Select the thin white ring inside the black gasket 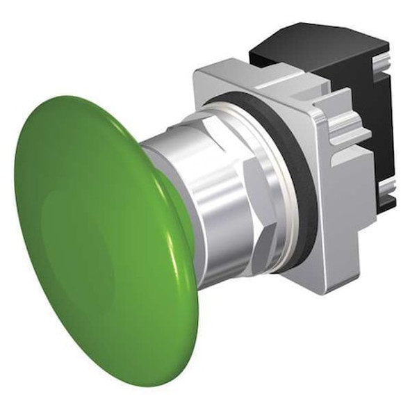281,184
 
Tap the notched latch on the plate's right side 347,139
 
